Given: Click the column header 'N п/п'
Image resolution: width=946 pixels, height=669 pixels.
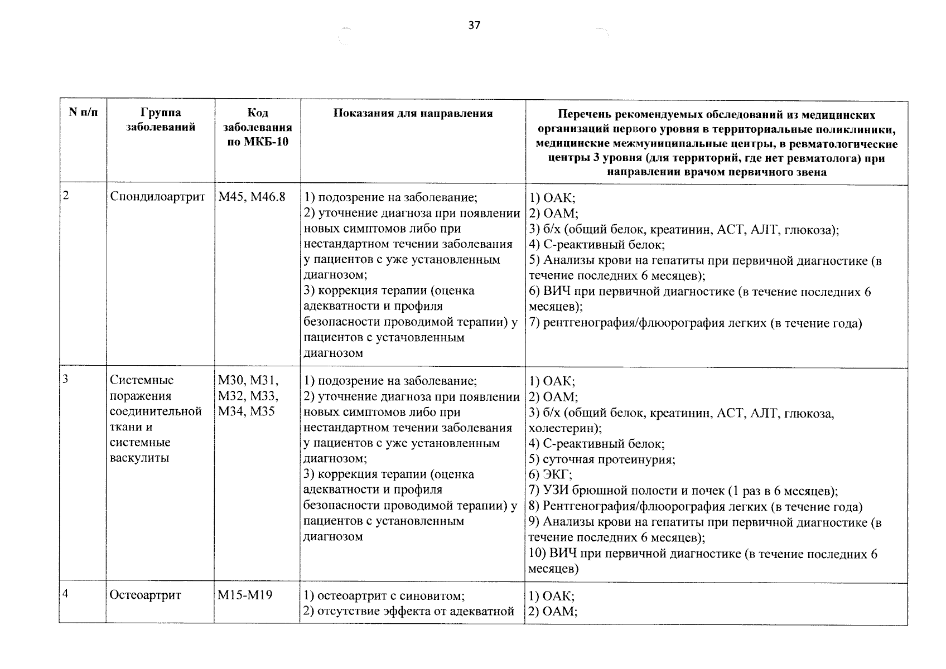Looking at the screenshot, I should (x=83, y=113).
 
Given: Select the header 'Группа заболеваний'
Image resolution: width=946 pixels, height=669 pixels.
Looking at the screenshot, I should (x=161, y=120).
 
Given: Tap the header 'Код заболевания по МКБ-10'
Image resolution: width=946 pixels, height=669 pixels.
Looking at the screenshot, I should (x=257, y=127).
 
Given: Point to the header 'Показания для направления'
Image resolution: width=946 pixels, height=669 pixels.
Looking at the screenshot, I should (x=413, y=114).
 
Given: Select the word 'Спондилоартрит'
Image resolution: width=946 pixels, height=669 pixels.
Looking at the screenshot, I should (x=158, y=197).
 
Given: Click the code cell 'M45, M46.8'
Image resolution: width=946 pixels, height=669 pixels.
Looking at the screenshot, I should (x=252, y=197).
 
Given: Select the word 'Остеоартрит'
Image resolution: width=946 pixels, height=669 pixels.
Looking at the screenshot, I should (x=146, y=595).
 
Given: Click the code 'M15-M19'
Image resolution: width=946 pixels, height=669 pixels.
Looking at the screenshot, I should (x=245, y=595).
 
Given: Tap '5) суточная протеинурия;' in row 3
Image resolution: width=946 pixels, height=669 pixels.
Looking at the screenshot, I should (x=602, y=460).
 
